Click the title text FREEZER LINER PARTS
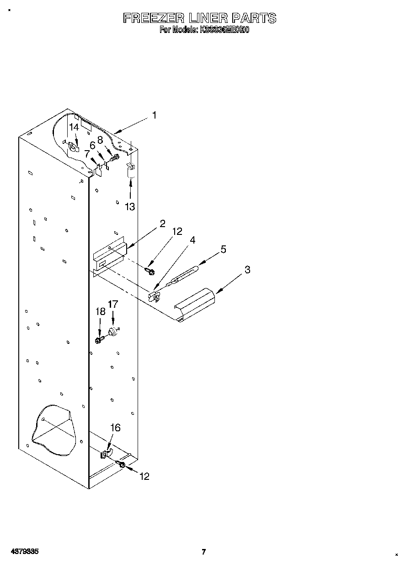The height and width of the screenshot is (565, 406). [200, 18]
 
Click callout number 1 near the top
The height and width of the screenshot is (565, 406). [154, 115]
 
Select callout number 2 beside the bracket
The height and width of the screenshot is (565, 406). [162, 224]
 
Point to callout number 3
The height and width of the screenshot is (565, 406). [247, 270]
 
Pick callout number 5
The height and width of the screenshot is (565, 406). [224, 250]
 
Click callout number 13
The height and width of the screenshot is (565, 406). [130, 207]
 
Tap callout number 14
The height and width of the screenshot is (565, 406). [74, 128]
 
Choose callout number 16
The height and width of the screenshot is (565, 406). [115, 428]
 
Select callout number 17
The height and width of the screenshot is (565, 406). [112, 304]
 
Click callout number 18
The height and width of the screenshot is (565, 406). [100, 312]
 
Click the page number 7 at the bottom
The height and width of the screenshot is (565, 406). [204, 552]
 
